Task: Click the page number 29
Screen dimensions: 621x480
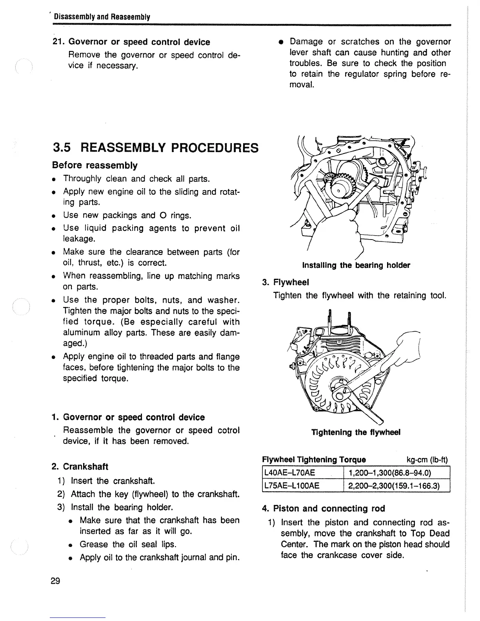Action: tap(55, 581)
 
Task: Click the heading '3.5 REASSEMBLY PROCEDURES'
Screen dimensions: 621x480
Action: tap(156, 148)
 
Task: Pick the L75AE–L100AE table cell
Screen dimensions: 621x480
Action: tap(292, 486)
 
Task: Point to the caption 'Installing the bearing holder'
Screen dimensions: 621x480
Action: tap(356, 265)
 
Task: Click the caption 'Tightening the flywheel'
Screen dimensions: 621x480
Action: tap(356, 432)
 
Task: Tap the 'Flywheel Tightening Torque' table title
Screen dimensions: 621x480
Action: tap(314, 459)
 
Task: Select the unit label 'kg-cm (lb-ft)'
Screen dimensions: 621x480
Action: tap(427, 459)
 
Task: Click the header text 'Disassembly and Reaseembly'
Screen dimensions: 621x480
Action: tap(102, 17)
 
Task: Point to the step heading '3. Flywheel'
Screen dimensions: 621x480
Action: tap(285, 282)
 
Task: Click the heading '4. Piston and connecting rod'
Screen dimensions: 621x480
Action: tap(324, 508)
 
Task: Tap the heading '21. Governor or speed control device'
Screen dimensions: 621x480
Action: tap(131, 42)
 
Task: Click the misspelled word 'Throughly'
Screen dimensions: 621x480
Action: tap(84, 179)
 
